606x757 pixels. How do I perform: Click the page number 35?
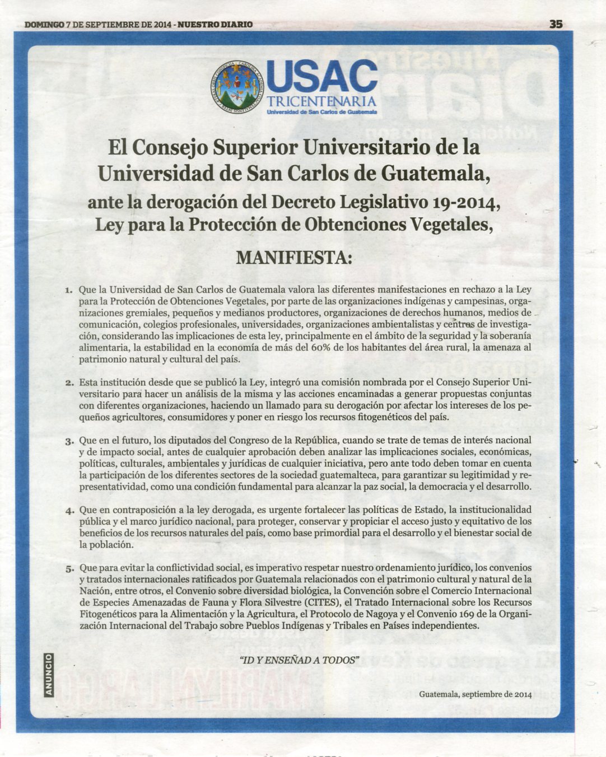coord(556,24)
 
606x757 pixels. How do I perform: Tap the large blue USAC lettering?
coord(322,77)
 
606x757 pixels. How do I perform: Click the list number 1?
coord(69,291)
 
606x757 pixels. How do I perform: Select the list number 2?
coord(69,383)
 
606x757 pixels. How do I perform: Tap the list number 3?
coord(69,441)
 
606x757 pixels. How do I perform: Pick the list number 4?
coord(69,511)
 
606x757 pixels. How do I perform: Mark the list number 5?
coord(69,569)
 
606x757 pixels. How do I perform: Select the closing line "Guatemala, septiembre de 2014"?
coord(475,694)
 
